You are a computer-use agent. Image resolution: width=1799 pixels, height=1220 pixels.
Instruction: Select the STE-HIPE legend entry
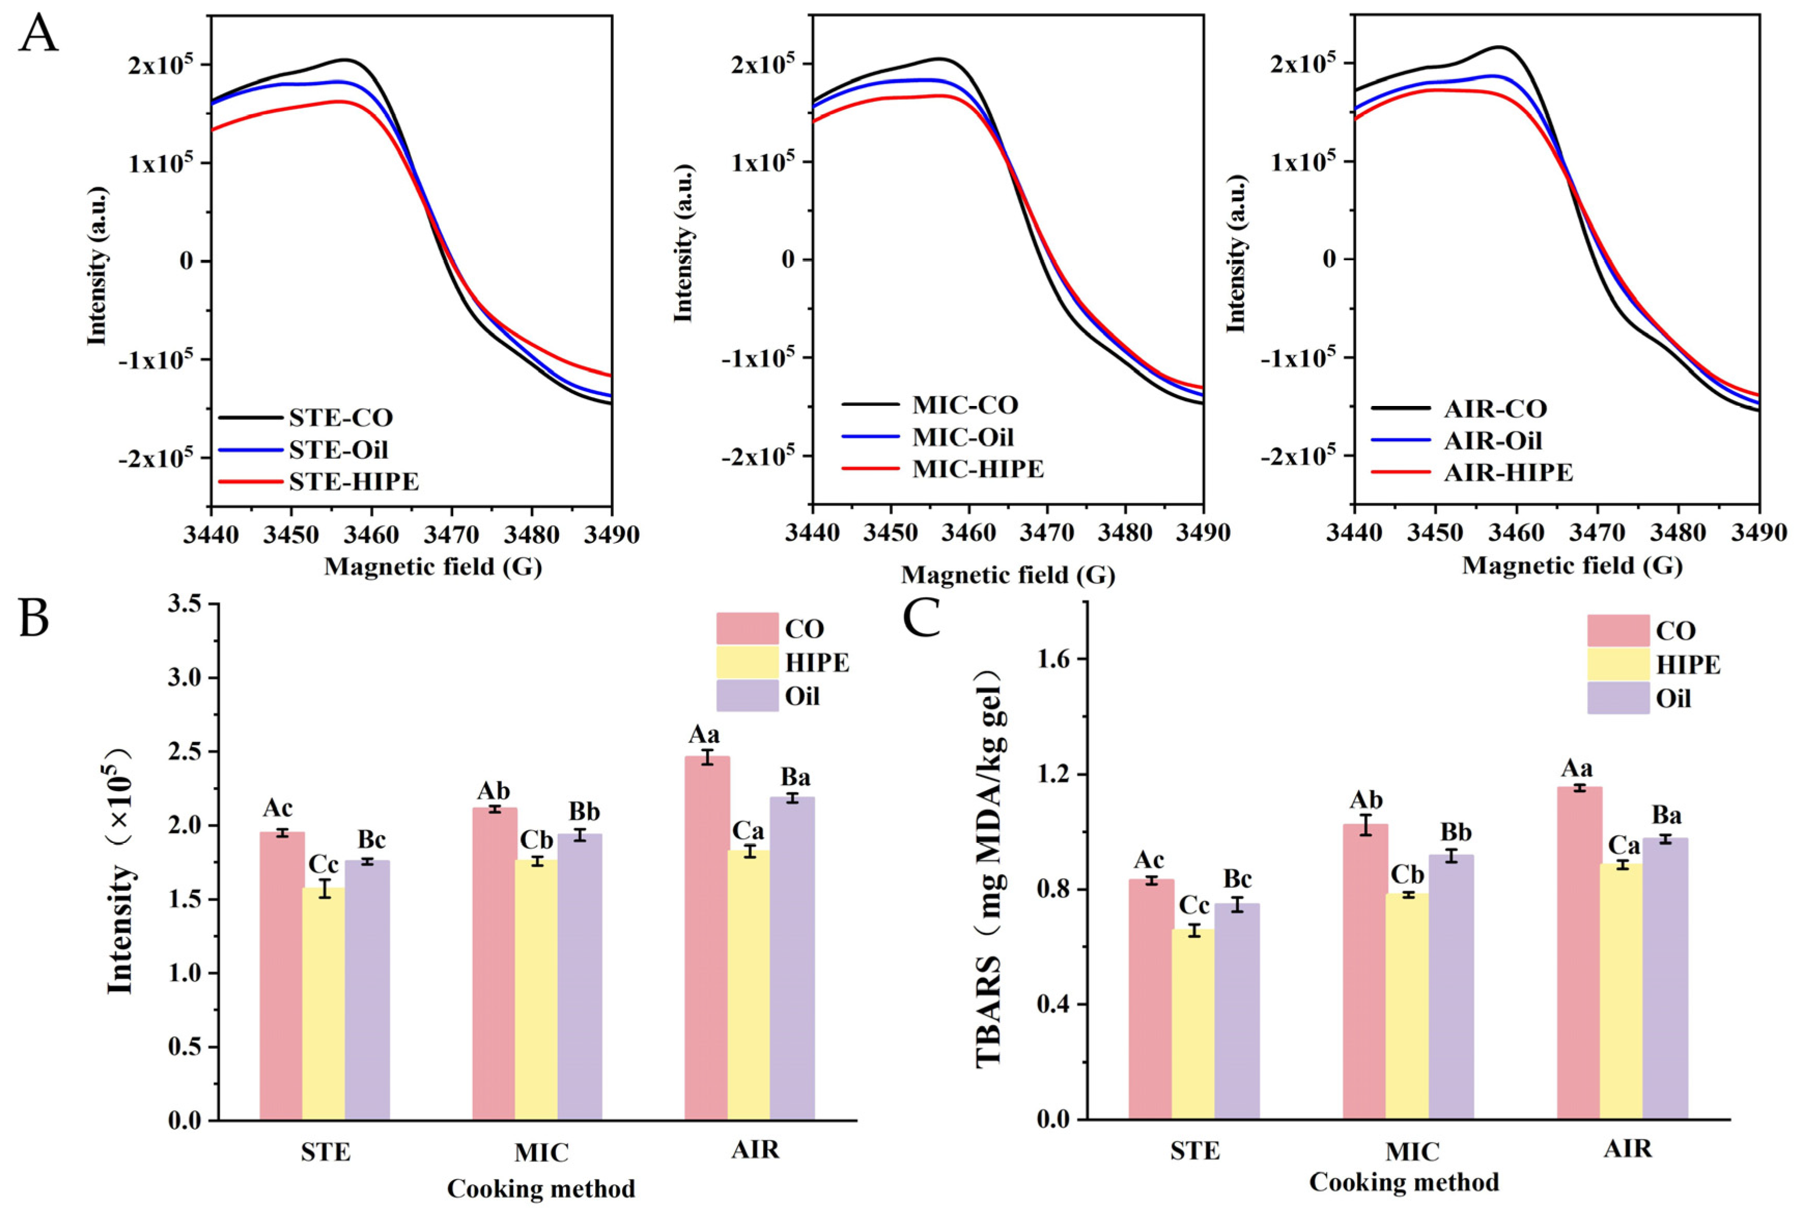(x=353, y=482)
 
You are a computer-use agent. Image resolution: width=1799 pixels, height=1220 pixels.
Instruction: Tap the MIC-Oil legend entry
(x=962, y=437)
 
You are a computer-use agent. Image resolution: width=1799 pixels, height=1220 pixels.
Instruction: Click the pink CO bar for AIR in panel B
(x=707, y=937)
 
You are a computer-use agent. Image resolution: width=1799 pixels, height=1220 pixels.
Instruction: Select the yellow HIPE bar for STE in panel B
(x=324, y=1004)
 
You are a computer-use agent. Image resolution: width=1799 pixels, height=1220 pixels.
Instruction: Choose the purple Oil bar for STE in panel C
(x=1237, y=1011)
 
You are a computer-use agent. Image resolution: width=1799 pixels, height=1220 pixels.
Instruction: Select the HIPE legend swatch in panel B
(x=747, y=662)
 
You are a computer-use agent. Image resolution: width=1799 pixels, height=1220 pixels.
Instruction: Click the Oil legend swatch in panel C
(x=1618, y=698)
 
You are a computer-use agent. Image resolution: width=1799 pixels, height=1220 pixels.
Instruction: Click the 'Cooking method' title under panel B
(x=540, y=1188)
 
